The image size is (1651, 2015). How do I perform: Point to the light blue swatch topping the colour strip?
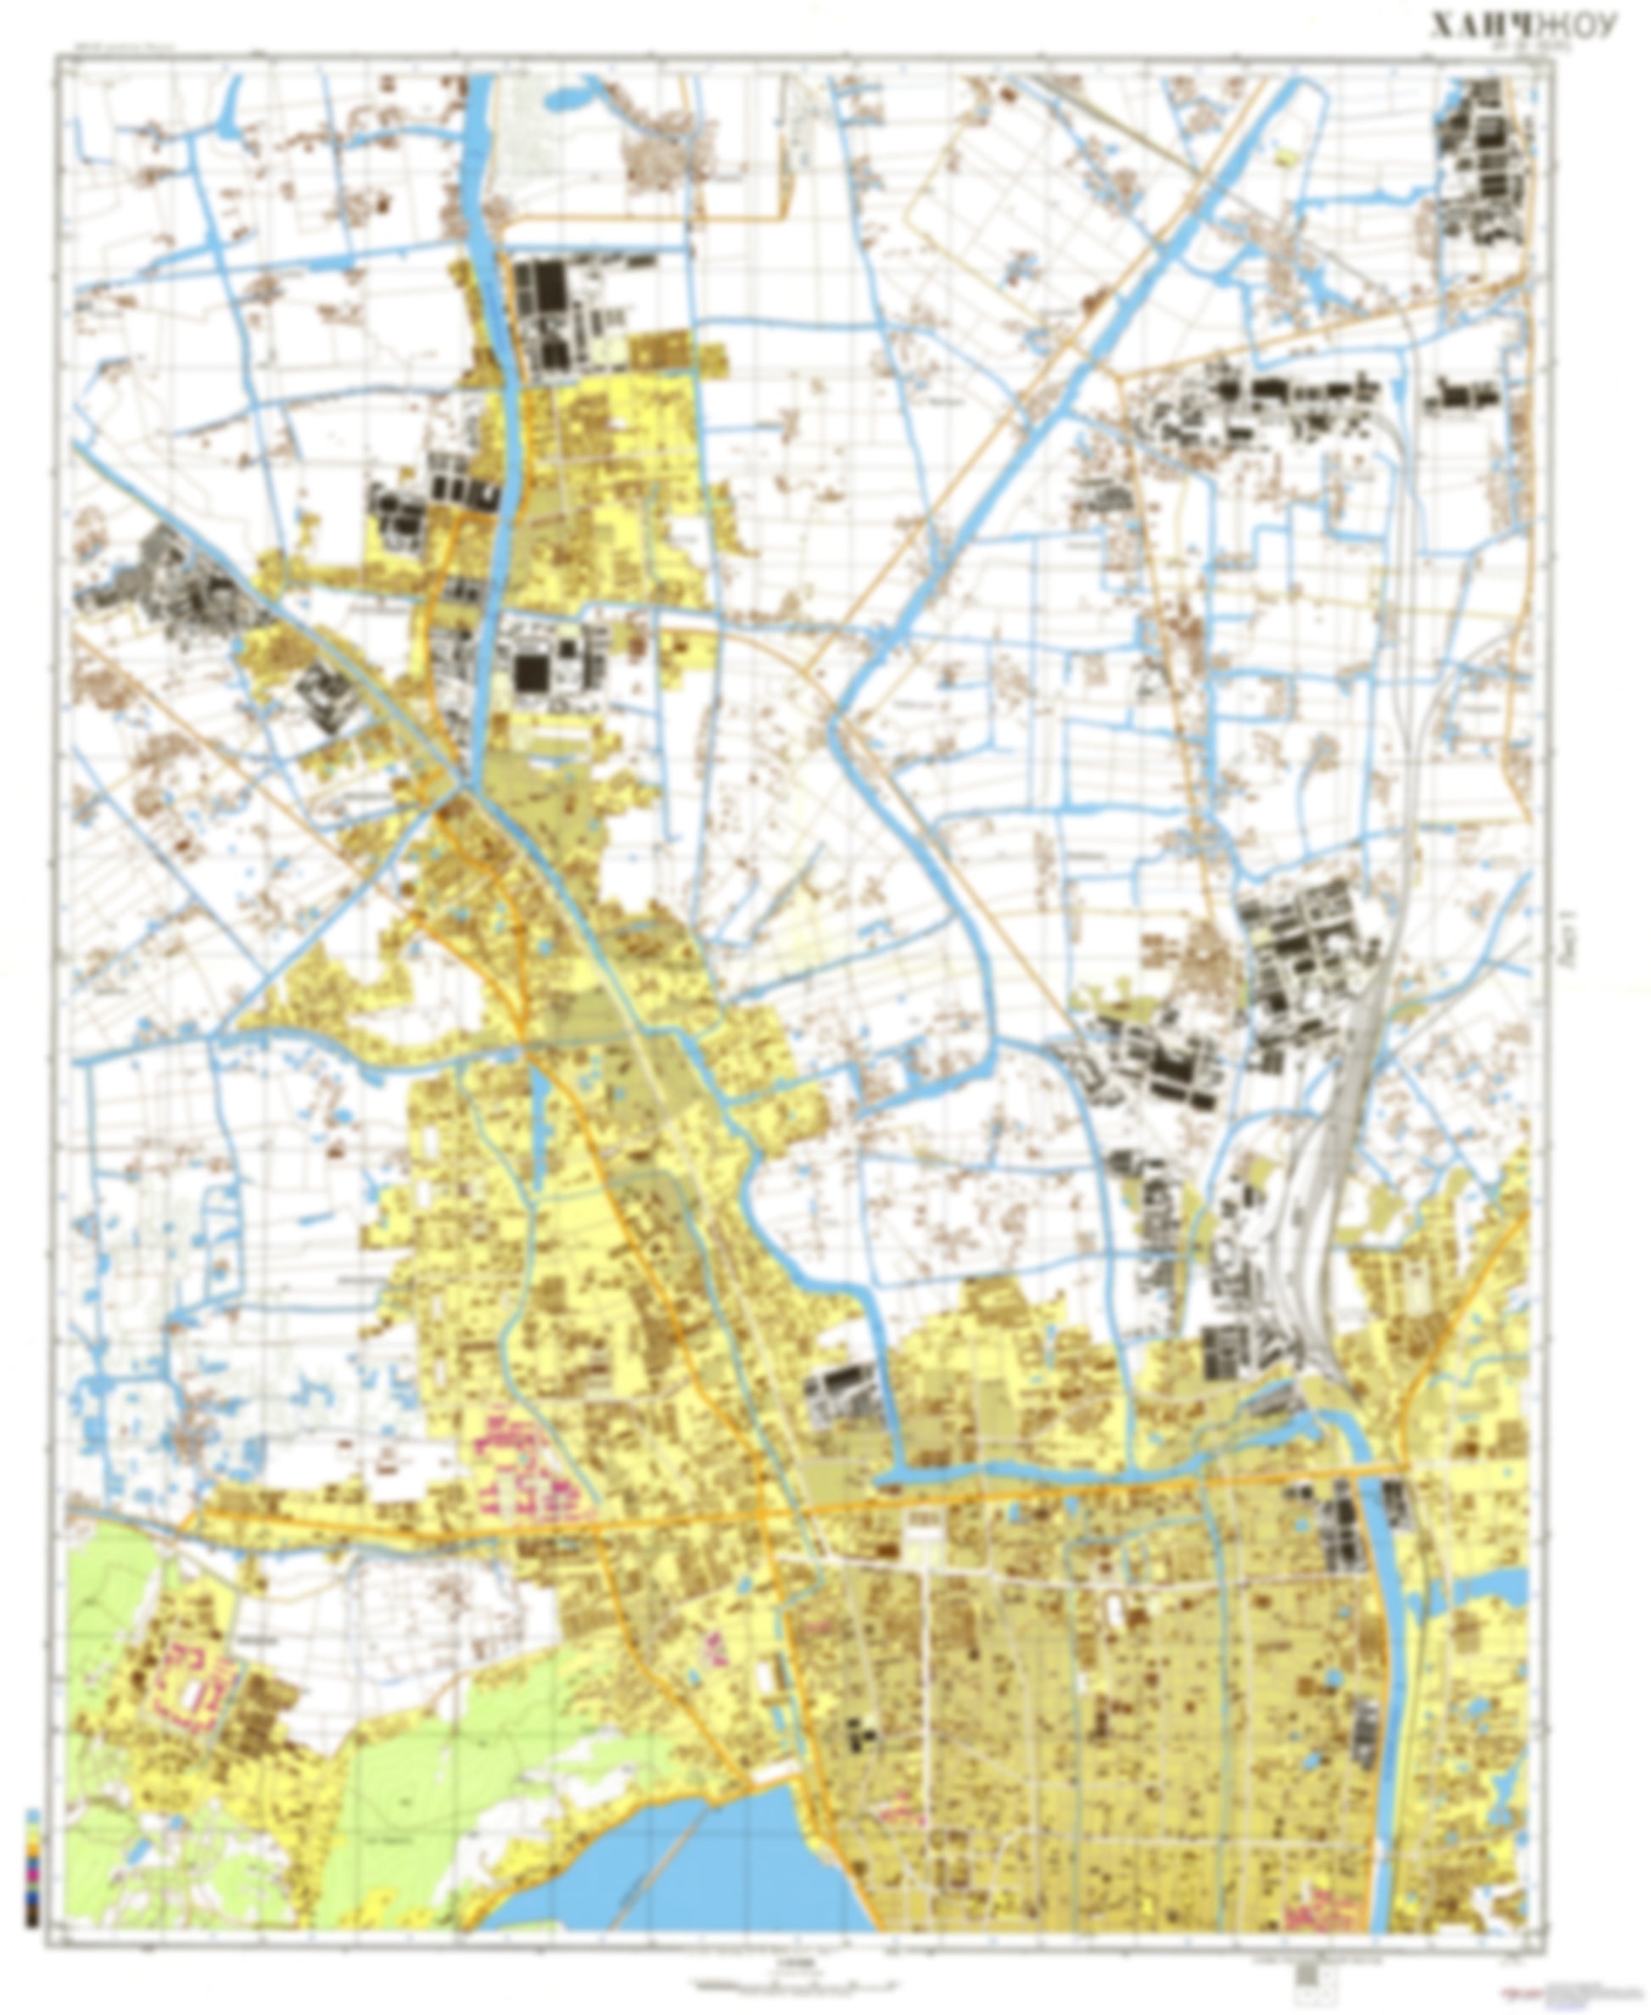tap(33, 1816)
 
